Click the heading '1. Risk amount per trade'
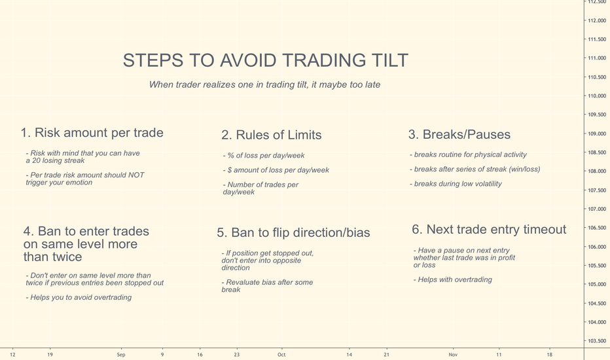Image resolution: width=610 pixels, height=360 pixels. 92,133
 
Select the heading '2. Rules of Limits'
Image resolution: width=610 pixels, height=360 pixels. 272,135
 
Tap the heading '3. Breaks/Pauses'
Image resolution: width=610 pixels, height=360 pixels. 459,135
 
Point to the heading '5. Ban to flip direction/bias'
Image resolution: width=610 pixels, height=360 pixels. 293,233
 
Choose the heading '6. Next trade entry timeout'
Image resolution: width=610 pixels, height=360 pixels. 489,230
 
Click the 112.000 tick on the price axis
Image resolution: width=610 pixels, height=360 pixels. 597,21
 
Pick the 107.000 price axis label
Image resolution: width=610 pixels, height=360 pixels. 597,209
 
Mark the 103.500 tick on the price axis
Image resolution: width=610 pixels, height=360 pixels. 597,341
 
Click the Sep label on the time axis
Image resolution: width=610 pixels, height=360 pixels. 121,355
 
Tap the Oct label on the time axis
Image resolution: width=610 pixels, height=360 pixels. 281,355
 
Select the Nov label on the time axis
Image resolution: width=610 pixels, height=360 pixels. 453,355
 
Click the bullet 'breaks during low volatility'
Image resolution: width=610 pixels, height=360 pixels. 456,184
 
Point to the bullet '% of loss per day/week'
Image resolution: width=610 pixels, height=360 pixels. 264,156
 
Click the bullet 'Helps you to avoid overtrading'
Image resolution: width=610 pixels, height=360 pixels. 79,297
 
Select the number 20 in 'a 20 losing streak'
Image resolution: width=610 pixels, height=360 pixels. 36,161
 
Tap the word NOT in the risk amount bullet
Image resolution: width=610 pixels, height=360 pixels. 136,175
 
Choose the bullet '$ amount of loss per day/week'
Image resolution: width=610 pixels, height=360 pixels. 276,170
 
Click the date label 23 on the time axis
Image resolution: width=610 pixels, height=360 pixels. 236,355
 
